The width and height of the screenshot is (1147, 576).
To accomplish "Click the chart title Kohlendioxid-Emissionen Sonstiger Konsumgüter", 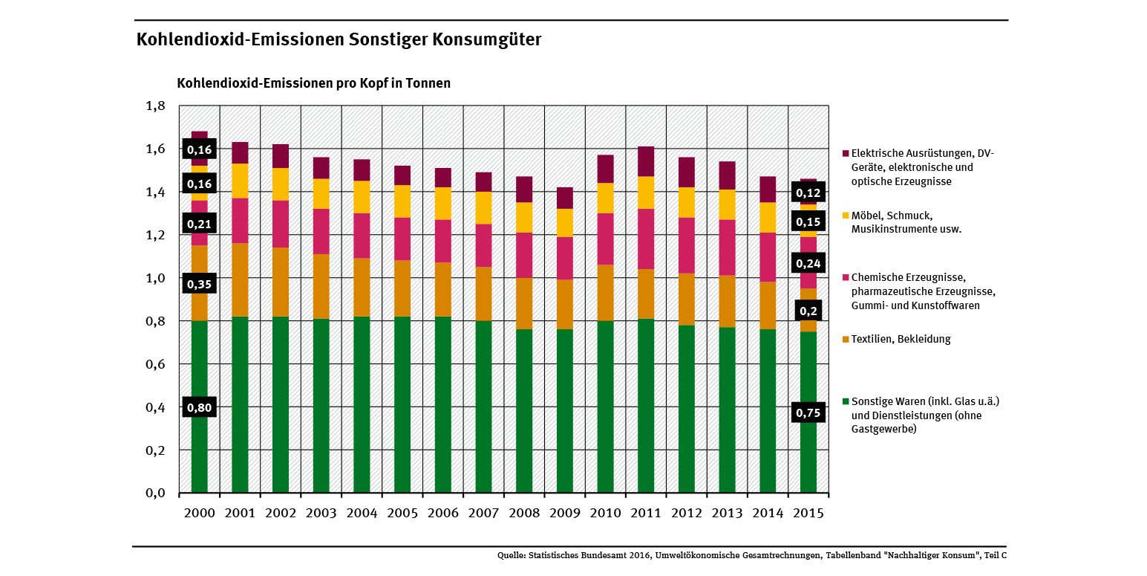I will [x=339, y=39].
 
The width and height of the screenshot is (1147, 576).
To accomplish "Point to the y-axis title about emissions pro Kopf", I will [x=313, y=83].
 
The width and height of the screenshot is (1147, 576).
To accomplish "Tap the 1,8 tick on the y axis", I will [x=155, y=106].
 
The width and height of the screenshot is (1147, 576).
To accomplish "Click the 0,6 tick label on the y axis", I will [x=155, y=364].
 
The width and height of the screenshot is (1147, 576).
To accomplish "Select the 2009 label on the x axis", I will [x=564, y=514].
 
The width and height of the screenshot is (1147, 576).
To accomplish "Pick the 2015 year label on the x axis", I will [x=808, y=514].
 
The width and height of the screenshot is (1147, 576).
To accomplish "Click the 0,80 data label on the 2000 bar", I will [x=199, y=407].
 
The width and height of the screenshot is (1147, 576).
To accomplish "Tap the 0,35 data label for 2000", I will [x=199, y=284].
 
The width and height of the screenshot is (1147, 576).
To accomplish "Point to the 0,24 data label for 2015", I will [x=808, y=263].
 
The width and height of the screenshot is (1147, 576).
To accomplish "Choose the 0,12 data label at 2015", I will [x=808, y=194].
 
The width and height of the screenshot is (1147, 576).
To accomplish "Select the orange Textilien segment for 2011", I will [x=646, y=294].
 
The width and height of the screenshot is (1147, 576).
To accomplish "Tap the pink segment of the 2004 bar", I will [x=362, y=236].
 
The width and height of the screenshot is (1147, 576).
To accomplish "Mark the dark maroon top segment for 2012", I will [x=687, y=172].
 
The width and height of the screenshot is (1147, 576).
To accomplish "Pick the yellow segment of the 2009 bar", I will [x=565, y=223].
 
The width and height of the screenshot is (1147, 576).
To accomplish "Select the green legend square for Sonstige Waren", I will [x=845, y=401].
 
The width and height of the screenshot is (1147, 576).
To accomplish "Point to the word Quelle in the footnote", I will [x=512, y=555].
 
